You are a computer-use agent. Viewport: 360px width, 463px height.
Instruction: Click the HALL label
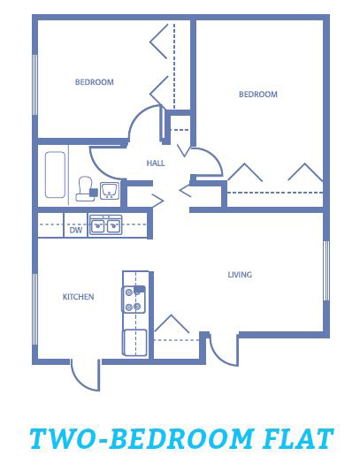tap(156, 163)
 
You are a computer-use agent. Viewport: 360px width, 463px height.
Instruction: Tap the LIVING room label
tap(240, 275)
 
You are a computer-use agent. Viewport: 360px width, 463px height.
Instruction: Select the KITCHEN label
tap(79, 297)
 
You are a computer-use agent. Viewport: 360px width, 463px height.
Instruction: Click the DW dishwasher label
tap(76, 230)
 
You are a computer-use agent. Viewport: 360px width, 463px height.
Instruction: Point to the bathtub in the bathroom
tap(55, 175)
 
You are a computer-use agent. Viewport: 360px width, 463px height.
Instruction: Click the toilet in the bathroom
tap(86, 189)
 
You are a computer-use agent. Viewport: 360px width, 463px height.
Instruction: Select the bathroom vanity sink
tap(110, 191)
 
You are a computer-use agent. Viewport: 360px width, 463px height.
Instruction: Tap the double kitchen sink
tap(105, 225)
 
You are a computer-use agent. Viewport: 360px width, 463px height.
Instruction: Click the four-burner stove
tap(134, 300)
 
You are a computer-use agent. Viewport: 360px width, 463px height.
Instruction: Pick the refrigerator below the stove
tap(134, 343)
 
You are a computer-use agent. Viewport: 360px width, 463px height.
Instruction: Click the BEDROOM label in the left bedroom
tap(95, 82)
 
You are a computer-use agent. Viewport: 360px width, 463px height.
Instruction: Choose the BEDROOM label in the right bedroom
tap(258, 95)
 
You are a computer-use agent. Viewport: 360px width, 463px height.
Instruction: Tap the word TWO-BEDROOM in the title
tap(142, 438)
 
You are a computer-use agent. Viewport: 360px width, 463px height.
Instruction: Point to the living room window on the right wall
tap(326, 270)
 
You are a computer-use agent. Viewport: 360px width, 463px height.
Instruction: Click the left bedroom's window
tap(34, 85)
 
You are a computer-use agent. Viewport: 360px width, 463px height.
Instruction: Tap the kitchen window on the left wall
tap(34, 309)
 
